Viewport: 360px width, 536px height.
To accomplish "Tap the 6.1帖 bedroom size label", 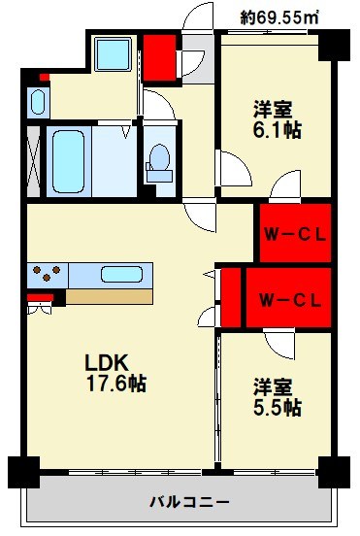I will pyautogui.click(x=277, y=129).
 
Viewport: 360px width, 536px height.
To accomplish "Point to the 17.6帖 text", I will pyautogui.click(x=114, y=384).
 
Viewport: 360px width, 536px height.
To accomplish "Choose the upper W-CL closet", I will pyautogui.click(x=292, y=233).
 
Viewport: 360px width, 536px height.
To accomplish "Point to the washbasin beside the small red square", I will pyautogui.click(x=39, y=102).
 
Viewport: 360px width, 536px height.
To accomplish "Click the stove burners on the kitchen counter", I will pyautogui.click(x=48, y=273).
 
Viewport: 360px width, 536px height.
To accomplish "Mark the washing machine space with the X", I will pyautogui.click(x=35, y=162).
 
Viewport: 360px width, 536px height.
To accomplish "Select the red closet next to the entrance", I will pyautogui.click(x=157, y=58).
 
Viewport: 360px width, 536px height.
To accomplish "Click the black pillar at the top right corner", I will pyautogui.click(x=334, y=44).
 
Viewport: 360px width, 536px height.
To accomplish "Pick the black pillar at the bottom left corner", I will pyautogui.click(x=23, y=472).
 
